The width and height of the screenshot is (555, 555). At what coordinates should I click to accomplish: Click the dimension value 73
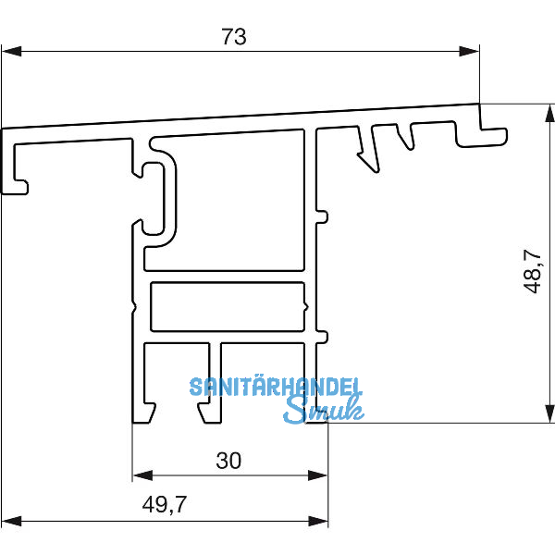(x=235, y=37)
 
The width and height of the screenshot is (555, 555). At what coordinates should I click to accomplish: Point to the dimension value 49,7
(x=166, y=505)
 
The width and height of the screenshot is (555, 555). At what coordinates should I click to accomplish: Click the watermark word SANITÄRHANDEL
(x=276, y=388)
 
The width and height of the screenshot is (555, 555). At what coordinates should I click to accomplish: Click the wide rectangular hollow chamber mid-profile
(x=227, y=305)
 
